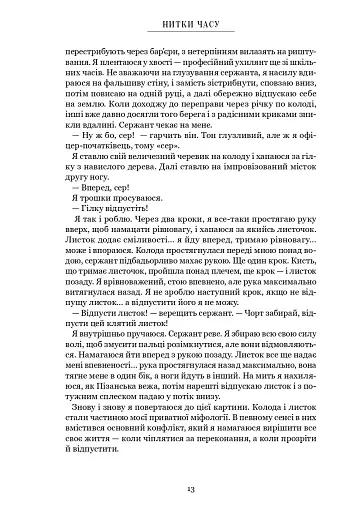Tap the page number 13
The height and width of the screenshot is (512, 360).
pos(180,487)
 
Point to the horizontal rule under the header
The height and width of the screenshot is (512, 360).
pos(180,33)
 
